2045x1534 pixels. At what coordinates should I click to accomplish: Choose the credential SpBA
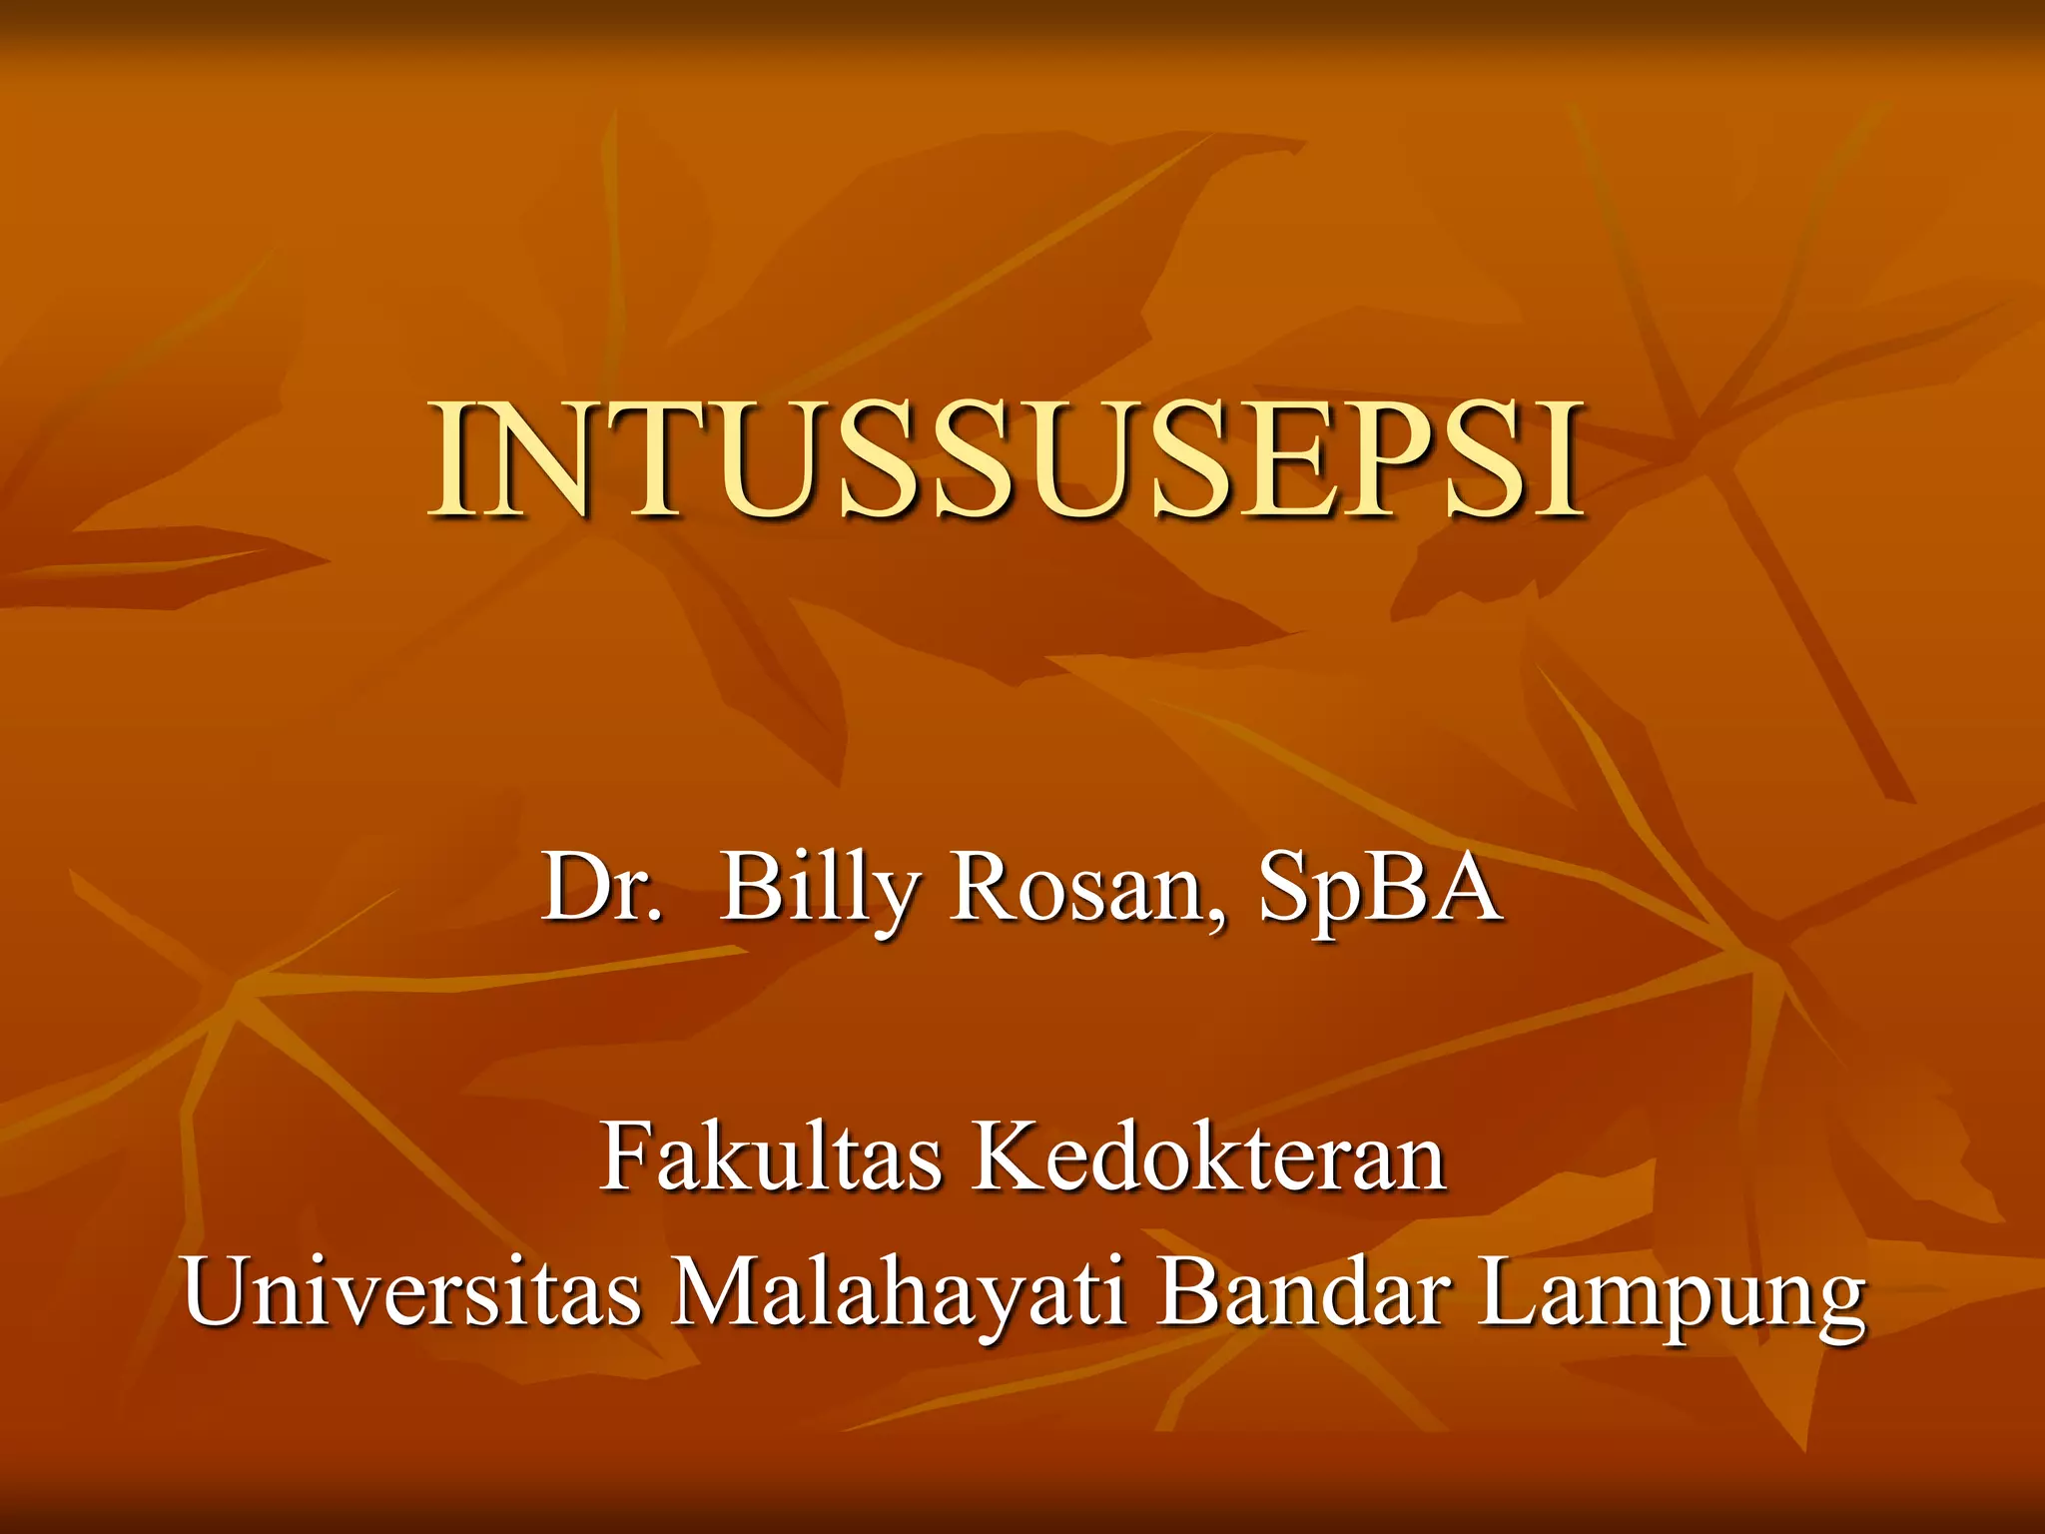[x=1380, y=889]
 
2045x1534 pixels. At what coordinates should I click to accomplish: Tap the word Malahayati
[x=899, y=1293]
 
